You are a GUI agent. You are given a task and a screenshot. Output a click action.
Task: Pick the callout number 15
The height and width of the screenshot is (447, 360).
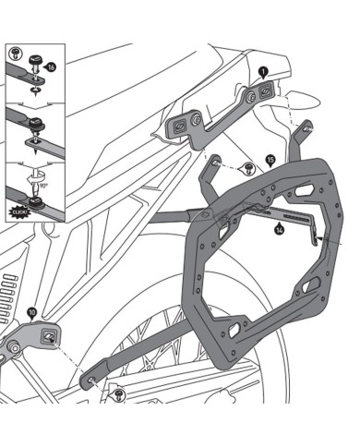click(271, 160)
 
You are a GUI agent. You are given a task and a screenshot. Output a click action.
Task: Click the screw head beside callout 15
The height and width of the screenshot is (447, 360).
click(250, 166)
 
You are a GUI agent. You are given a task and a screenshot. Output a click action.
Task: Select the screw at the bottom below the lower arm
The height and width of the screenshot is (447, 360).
click(119, 395)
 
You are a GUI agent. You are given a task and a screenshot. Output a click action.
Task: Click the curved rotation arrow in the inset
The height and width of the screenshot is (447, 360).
click(42, 172)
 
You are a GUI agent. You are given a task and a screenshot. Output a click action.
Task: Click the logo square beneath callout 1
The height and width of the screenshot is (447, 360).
click(263, 90)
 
